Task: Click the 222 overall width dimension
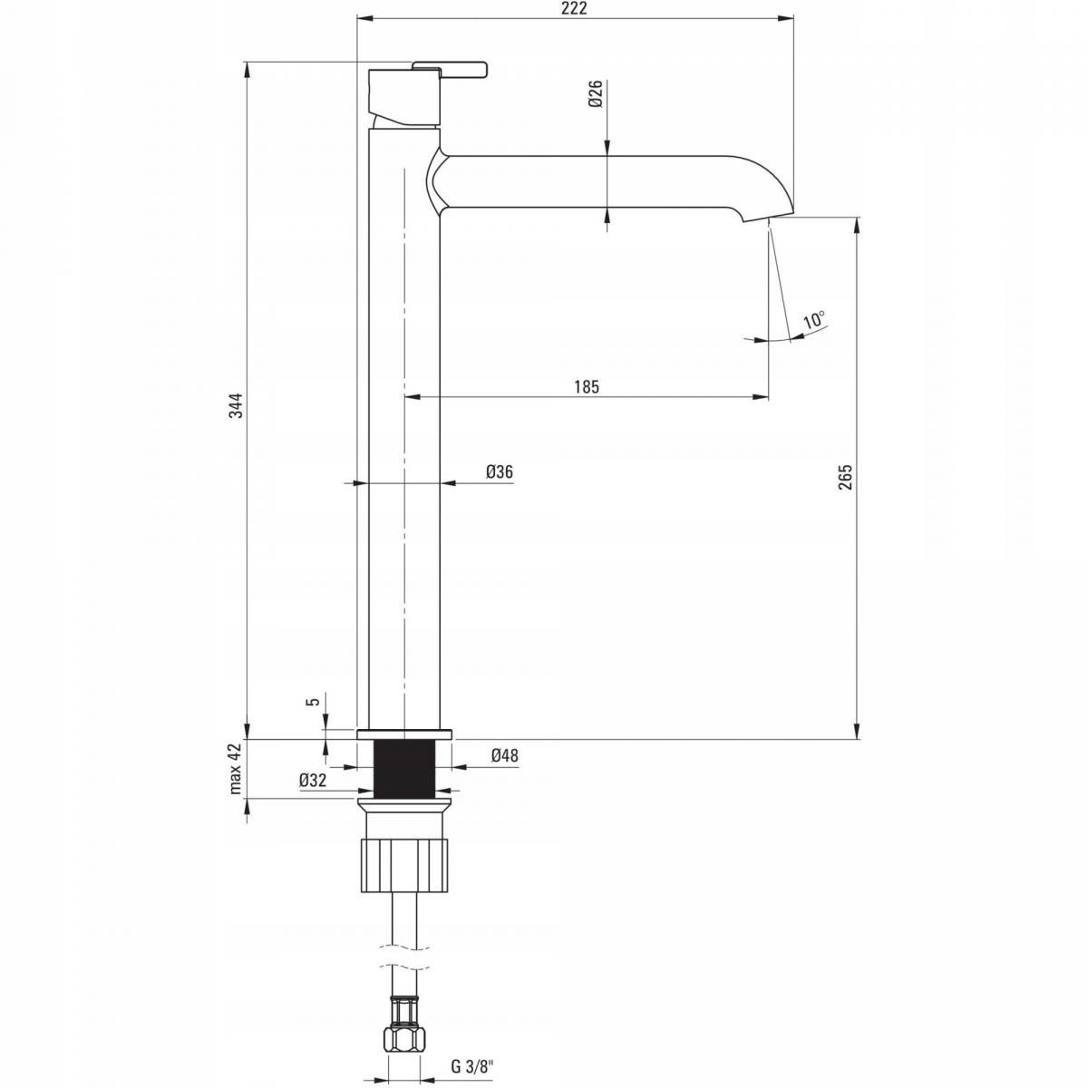coord(575,8)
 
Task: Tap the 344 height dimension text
coord(238,404)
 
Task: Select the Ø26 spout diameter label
coord(597,93)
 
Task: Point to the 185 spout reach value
coord(587,387)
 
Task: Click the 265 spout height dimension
coord(845,477)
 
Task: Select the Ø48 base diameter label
coord(504,755)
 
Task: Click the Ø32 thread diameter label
coord(314,781)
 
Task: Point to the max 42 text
coord(236,769)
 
